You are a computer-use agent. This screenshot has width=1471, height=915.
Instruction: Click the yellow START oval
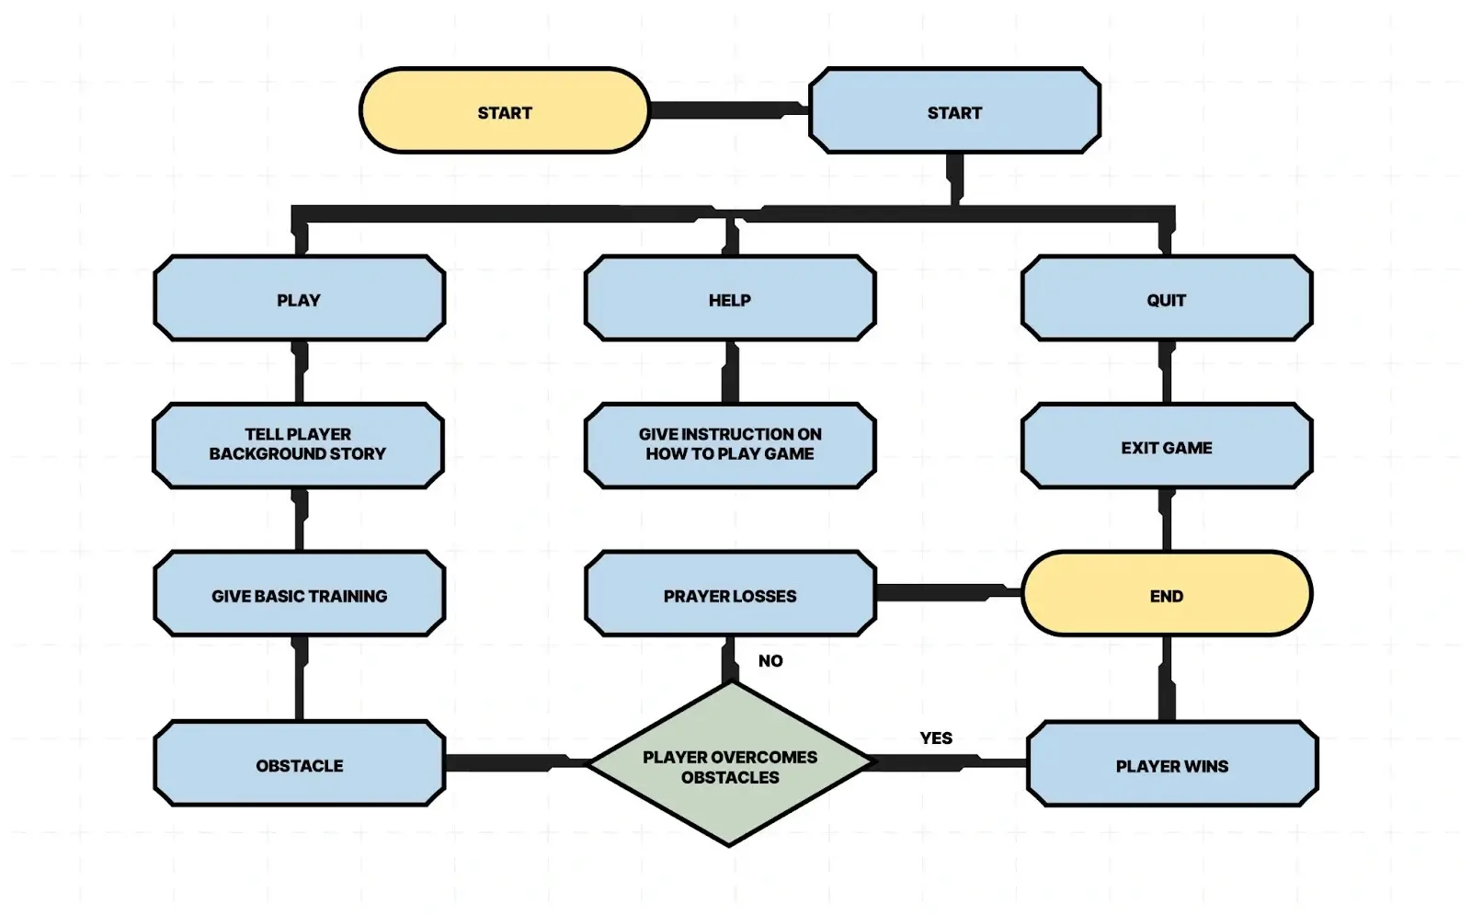504,111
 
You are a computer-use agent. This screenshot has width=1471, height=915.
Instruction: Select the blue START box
954,111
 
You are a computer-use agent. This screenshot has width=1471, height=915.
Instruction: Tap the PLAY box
299,299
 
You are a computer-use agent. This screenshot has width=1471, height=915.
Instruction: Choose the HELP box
730,299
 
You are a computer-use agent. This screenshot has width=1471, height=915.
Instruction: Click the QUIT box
1166,299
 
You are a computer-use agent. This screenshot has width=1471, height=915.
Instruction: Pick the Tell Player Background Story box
298,445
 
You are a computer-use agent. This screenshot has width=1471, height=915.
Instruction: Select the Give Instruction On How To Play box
730,445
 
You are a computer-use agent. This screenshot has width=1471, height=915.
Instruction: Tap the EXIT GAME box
1166,447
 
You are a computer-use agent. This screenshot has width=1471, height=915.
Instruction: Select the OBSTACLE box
299,764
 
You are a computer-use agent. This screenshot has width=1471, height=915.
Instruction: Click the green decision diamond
730,766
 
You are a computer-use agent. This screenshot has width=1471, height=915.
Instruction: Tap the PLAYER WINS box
1171,765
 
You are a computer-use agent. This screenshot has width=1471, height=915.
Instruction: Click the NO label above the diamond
770,660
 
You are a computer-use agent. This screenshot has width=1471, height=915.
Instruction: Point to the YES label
936,738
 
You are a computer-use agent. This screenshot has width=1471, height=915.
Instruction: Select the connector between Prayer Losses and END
947,592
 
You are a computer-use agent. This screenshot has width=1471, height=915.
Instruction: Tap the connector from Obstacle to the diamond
515,763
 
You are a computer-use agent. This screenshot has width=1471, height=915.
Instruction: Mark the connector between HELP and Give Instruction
731,372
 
